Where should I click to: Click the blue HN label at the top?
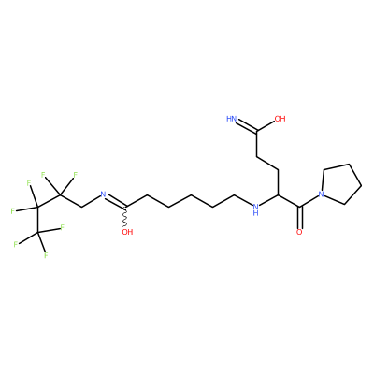pos(231,119)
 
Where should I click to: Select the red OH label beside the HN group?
pos(280,119)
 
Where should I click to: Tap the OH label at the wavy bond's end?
pos(127,232)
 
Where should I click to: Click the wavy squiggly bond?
pos(125,216)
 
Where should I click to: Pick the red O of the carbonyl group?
pos(299,232)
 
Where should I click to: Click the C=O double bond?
pos(299,218)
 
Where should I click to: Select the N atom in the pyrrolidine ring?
pos(322,195)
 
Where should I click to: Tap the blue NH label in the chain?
pos(255,209)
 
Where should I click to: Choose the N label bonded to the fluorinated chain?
pos(103,195)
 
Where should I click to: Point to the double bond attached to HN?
pos(246,126)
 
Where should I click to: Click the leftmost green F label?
pos(13,211)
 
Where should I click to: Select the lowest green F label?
pos(46,255)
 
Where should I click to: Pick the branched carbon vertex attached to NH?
pos(278,194)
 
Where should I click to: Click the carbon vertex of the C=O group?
pos(299,207)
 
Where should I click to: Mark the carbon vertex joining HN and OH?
pos(257,132)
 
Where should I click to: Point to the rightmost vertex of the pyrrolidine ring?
pos(361,186)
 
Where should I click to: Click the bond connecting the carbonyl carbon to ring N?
pos(309,201)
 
